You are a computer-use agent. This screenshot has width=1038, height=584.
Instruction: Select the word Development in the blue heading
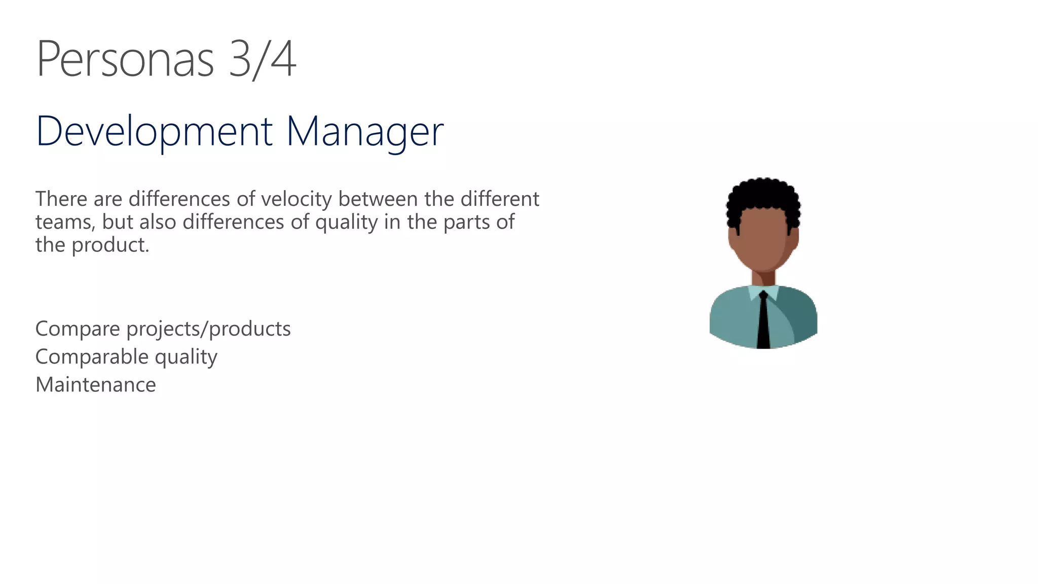[x=154, y=131]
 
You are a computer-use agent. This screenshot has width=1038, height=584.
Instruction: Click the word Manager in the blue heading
[x=364, y=131]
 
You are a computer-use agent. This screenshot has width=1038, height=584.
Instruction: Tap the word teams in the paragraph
[x=65, y=222]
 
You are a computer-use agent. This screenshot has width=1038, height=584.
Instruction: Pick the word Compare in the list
[x=78, y=329]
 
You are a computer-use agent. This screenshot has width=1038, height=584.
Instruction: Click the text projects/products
[x=208, y=329]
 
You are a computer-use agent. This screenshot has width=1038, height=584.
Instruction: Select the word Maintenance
[x=96, y=385]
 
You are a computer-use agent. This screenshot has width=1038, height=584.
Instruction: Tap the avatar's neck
[x=763, y=278]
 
